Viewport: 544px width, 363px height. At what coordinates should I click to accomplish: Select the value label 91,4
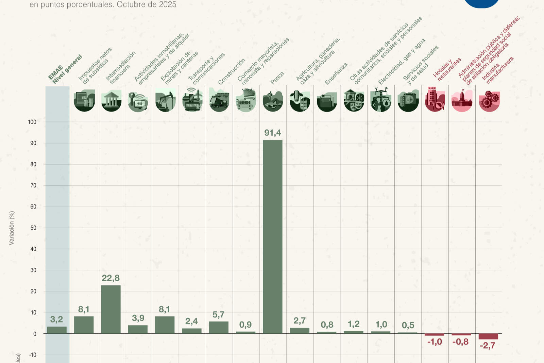[273, 133]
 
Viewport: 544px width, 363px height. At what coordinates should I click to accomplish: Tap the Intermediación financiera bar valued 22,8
[111, 309]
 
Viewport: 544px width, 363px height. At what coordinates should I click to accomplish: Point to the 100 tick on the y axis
[32, 122]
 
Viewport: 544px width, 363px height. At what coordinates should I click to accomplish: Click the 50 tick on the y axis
[33, 228]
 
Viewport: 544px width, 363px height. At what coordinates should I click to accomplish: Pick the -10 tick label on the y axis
[33, 355]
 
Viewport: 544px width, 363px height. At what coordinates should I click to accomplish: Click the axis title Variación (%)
[12, 228]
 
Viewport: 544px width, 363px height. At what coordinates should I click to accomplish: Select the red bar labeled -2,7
[488, 336]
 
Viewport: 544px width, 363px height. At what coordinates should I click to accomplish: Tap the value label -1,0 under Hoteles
[435, 342]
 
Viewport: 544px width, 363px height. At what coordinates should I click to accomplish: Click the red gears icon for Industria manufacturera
[489, 101]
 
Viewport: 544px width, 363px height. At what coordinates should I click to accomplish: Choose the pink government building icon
[462, 101]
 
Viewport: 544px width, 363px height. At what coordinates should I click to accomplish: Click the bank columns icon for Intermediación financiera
[111, 101]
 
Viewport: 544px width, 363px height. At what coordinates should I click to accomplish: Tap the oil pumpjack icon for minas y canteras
[165, 101]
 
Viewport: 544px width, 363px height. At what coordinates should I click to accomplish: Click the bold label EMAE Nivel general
[65, 70]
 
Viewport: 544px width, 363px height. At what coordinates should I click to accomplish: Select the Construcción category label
[231, 72]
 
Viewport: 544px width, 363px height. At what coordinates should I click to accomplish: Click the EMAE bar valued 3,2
[57, 330]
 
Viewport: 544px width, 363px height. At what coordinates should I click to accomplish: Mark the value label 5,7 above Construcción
[218, 315]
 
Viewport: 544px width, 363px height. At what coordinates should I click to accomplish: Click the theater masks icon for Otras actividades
[354, 101]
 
